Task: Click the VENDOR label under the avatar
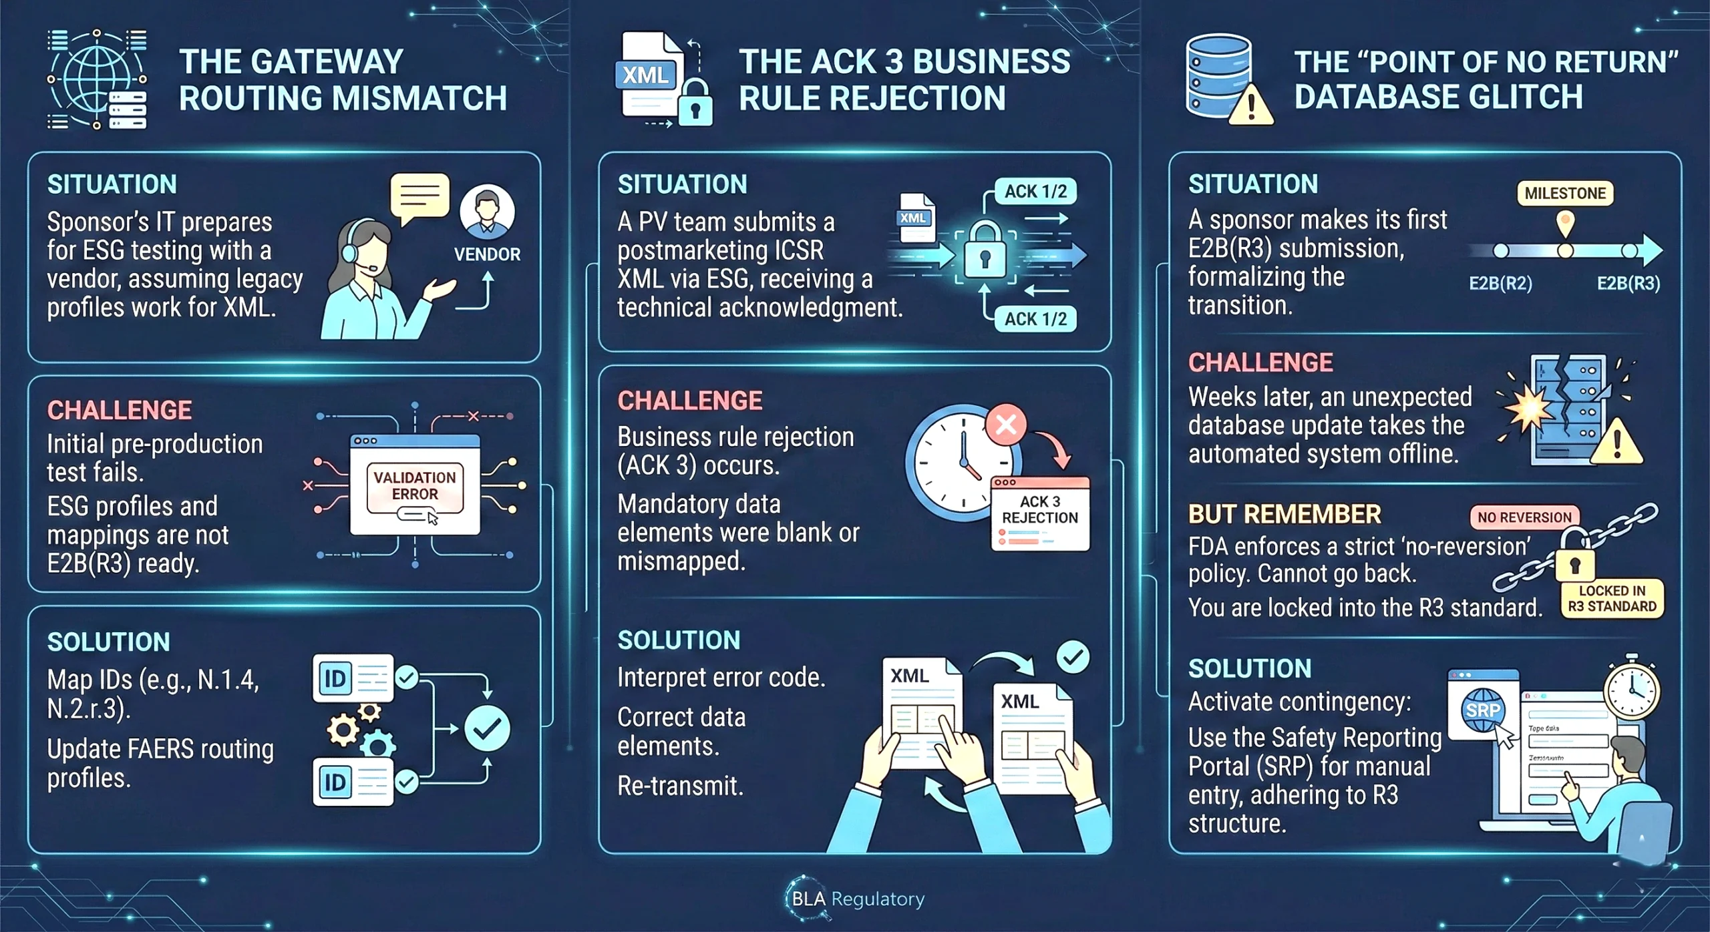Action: pos(487,254)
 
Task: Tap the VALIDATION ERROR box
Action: pos(415,486)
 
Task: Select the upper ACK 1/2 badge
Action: pos(1035,192)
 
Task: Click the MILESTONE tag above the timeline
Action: pos(1565,194)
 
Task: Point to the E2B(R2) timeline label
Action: pos(1500,284)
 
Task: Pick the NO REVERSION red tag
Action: pos(1524,517)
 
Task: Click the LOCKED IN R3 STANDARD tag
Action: pos(1612,598)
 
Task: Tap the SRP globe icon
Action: pos(1482,710)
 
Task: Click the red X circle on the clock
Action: pos(1006,424)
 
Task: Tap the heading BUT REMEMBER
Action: pos(1284,515)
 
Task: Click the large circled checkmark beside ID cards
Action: pos(487,728)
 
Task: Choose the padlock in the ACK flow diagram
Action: pos(985,252)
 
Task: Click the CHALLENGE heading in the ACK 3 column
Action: pos(689,401)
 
